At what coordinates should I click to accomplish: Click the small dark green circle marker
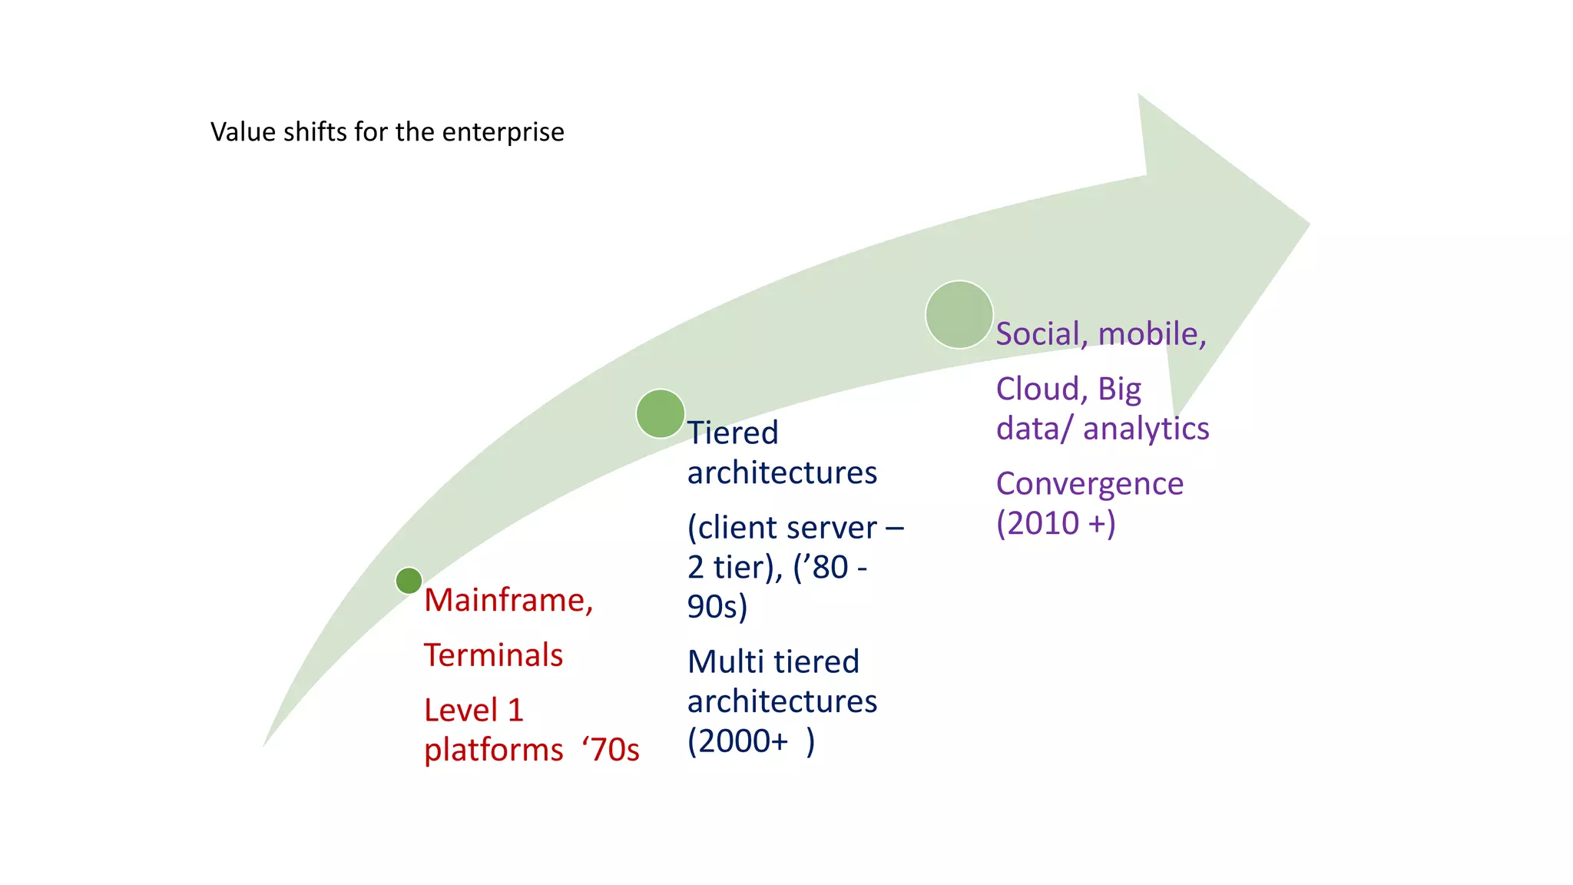(x=409, y=581)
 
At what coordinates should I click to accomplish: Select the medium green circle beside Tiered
(x=661, y=413)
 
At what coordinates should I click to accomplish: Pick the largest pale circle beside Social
(x=959, y=314)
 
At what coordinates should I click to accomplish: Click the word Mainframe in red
(x=508, y=600)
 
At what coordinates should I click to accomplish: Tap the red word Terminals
(x=493, y=655)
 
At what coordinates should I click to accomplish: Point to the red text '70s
(x=611, y=750)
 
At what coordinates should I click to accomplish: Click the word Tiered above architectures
(x=733, y=433)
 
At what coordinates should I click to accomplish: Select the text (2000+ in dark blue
(x=737, y=741)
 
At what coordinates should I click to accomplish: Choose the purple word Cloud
(x=1041, y=389)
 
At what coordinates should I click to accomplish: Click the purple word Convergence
(x=1090, y=484)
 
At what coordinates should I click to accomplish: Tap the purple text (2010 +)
(x=1055, y=523)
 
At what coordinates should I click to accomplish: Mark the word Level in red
(x=461, y=710)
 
